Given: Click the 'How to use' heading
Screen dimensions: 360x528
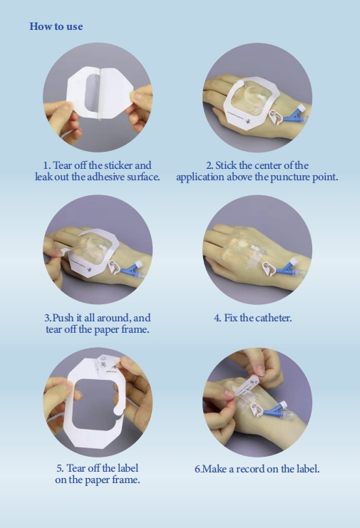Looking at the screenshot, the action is pos(56,26).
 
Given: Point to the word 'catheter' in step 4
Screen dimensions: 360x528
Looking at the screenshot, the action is pos(272,318).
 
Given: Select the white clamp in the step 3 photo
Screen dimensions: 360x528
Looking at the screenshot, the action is pos(115,266).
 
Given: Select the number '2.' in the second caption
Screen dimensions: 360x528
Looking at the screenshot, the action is pos(210,165).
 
